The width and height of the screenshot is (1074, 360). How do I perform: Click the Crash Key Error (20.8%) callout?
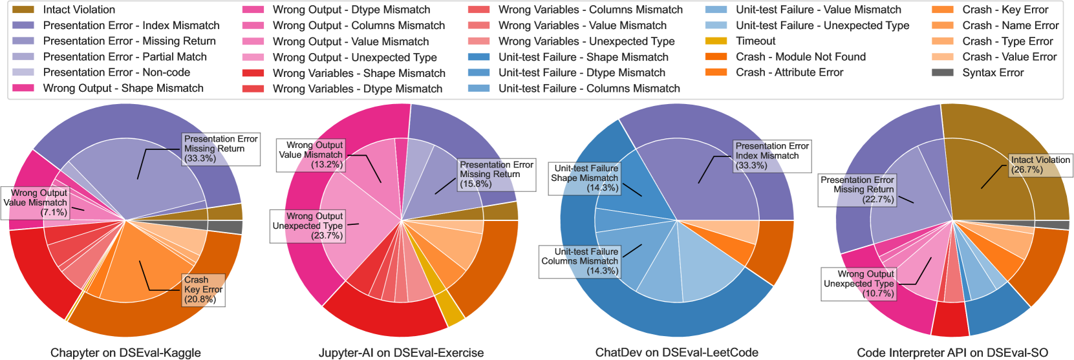(x=203, y=290)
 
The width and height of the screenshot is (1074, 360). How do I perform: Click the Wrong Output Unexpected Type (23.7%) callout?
(x=308, y=226)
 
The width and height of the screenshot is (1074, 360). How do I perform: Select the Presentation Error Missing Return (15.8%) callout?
(x=496, y=175)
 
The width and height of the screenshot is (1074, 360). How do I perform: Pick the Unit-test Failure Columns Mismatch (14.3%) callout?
(x=580, y=261)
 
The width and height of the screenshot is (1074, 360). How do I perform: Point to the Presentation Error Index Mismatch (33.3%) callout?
(x=772, y=156)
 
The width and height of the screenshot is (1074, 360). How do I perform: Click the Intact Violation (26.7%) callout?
(x=1040, y=165)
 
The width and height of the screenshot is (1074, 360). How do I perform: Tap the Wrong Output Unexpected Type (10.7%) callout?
(x=859, y=284)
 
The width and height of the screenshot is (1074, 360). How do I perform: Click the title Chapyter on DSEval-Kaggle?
(x=125, y=353)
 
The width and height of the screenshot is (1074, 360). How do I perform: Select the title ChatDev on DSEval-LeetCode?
(x=676, y=353)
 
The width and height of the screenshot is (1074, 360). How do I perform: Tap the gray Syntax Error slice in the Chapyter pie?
(x=234, y=227)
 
